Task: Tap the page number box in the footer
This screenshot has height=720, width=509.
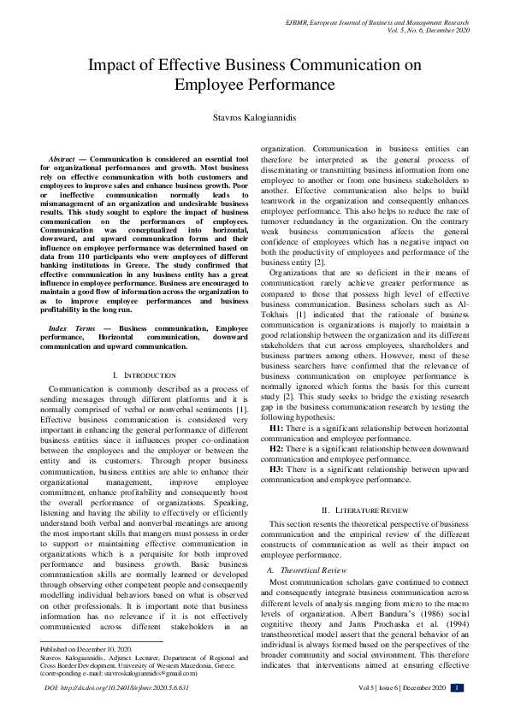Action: (458, 688)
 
